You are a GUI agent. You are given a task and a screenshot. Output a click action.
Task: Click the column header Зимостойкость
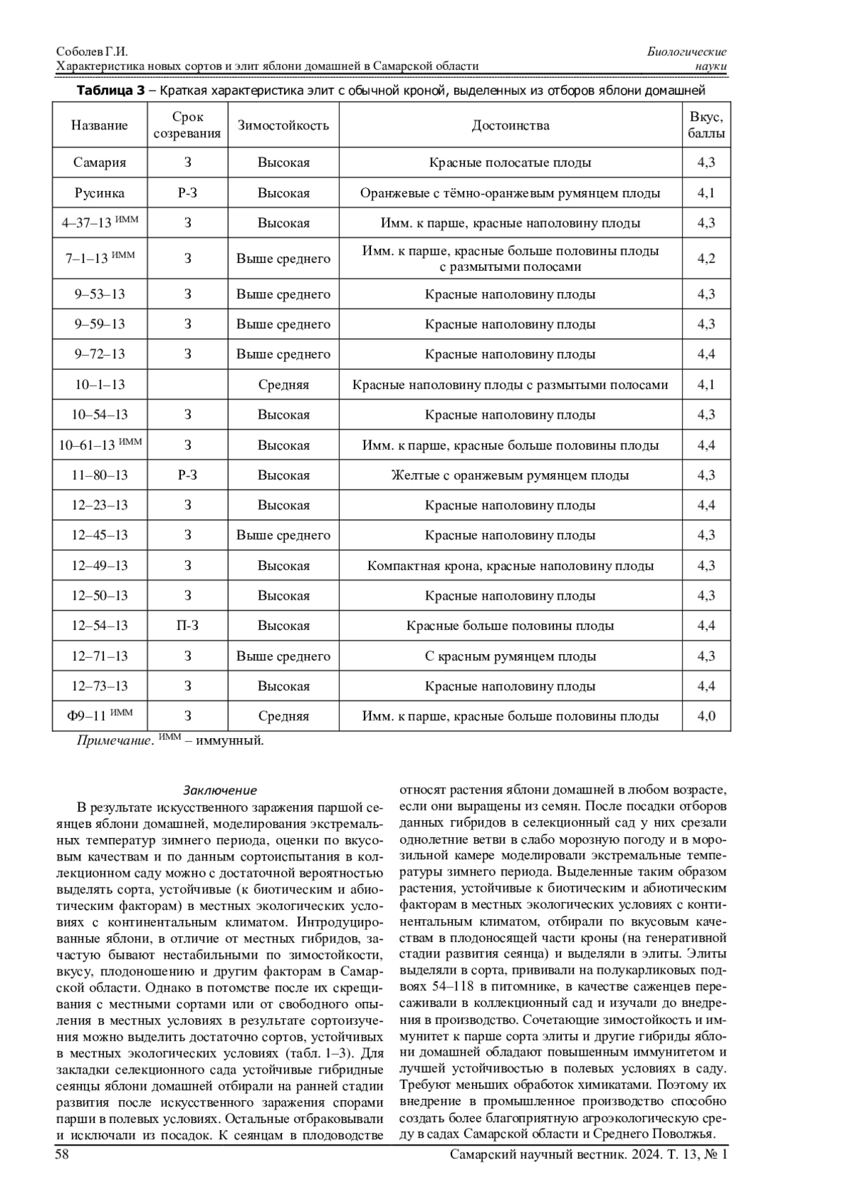pyautogui.click(x=283, y=126)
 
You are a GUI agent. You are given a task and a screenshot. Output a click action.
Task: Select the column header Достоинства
pyautogui.click(x=510, y=126)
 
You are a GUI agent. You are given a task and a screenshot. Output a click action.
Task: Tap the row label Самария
pyautogui.click(x=100, y=163)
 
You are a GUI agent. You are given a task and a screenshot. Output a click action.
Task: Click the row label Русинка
pyautogui.click(x=100, y=193)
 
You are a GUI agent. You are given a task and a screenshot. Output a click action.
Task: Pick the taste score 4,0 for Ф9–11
pyautogui.click(x=706, y=716)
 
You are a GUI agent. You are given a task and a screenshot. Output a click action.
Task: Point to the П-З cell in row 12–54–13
pyautogui.click(x=187, y=626)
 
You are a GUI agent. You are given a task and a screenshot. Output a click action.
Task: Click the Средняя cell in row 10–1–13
pyautogui.click(x=283, y=385)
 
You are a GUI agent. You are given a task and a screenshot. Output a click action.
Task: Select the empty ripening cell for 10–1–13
pyautogui.click(x=187, y=385)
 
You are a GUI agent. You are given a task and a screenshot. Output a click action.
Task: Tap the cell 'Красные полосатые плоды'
pyautogui.click(x=510, y=163)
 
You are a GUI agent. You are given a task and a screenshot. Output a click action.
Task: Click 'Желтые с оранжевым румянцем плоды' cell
pyautogui.click(x=510, y=475)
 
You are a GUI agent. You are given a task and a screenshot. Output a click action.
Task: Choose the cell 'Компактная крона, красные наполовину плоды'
pyautogui.click(x=510, y=566)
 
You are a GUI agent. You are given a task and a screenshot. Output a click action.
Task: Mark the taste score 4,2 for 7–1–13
pyautogui.click(x=706, y=259)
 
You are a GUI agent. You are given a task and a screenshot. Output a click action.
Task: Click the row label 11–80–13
pyautogui.click(x=100, y=475)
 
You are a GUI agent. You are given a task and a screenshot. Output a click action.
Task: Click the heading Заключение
pyautogui.click(x=220, y=791)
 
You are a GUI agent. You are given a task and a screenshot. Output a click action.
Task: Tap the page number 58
pyautogui.click(x=61, y=1155)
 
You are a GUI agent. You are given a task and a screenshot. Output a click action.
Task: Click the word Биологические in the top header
pyautogui.click(x=687, y=52)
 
